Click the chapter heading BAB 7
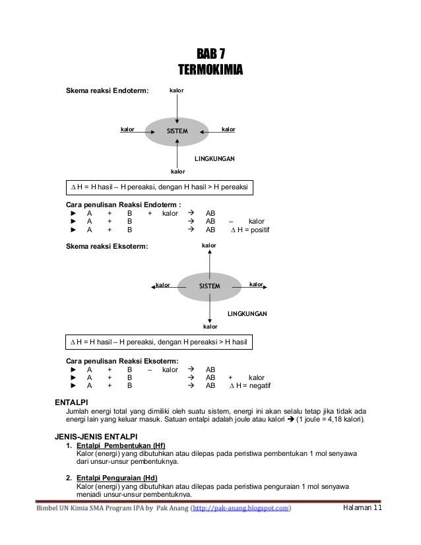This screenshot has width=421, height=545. [210, 54]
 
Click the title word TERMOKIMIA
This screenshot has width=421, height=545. [210, 69]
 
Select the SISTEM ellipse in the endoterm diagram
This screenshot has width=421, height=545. [177, 131]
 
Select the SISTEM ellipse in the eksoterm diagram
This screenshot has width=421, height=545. [209, 286]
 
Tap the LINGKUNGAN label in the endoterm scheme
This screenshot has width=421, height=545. [214, 159]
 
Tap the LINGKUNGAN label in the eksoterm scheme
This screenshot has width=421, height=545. [247, 313]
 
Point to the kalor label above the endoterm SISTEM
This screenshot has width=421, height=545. [176, 89]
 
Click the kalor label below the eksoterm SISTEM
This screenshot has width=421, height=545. [210, 326]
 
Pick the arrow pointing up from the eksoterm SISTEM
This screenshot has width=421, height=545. [209, 261]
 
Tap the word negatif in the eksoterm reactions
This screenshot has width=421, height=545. [257, 385]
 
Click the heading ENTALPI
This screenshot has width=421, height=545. [73, 402]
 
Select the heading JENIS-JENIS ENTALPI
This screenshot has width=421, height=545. [99, 436]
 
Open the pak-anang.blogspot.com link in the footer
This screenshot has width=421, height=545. [242, 509]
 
